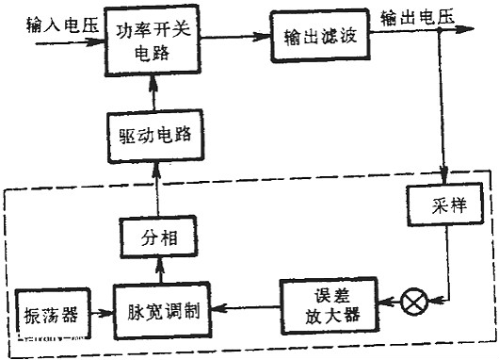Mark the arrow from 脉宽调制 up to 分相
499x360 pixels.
[156, 272]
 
